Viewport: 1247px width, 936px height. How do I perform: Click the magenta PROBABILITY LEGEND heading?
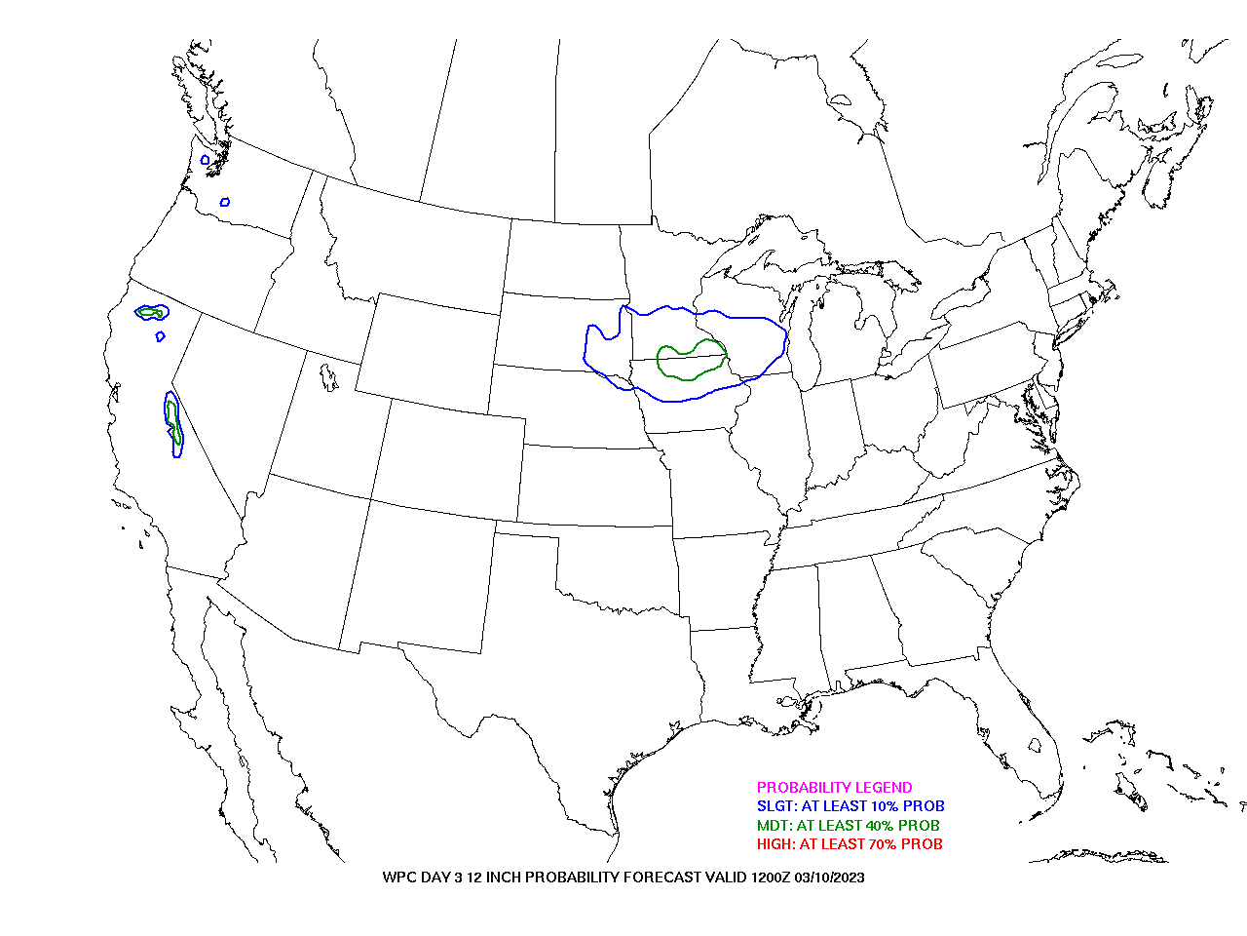[x=834, y=787]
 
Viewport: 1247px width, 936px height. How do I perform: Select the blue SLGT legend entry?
[x=850, y=806]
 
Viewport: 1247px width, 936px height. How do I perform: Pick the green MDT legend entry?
[x=849, y=825]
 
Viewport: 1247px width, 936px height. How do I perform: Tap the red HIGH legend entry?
[x=850, y=844]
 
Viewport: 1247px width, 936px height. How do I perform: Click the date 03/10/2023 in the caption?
[x=829, y=877]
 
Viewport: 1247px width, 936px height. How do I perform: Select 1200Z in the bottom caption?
[x=771, y=877]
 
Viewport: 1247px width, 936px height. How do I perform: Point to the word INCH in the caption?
[x=504, y=877]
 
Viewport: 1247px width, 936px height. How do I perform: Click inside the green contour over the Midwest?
[x=691, y=361]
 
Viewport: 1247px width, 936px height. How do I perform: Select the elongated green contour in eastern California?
[x=174, y=421]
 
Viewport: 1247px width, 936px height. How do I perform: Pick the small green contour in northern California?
[x=151, y=312]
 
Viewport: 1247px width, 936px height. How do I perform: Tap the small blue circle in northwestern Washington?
[x=206, y=160]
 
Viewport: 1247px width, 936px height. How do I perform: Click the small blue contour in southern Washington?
[x=225, y=202]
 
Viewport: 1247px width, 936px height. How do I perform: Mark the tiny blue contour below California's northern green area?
[x=160, y=336]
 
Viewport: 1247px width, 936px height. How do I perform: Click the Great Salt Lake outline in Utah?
[x=328, y=377]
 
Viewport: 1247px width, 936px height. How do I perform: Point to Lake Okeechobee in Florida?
[x=1035, y=745]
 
